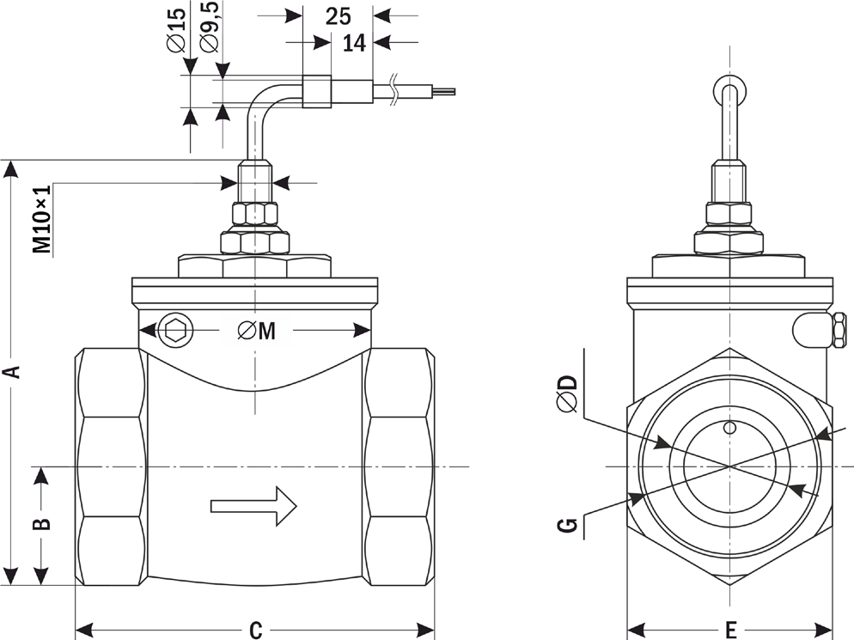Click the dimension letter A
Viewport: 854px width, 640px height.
12,371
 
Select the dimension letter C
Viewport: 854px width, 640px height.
255,630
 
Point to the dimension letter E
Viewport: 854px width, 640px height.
731,630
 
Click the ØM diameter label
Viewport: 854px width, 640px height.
258,330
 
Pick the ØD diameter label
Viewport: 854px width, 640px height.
566,393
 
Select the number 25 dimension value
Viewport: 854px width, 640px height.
339,15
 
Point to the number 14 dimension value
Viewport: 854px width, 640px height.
354,42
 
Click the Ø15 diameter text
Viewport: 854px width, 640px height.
176,33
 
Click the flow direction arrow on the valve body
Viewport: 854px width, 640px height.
254,505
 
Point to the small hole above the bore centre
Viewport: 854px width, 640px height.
729,427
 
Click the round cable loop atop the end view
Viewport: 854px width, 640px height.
729,89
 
